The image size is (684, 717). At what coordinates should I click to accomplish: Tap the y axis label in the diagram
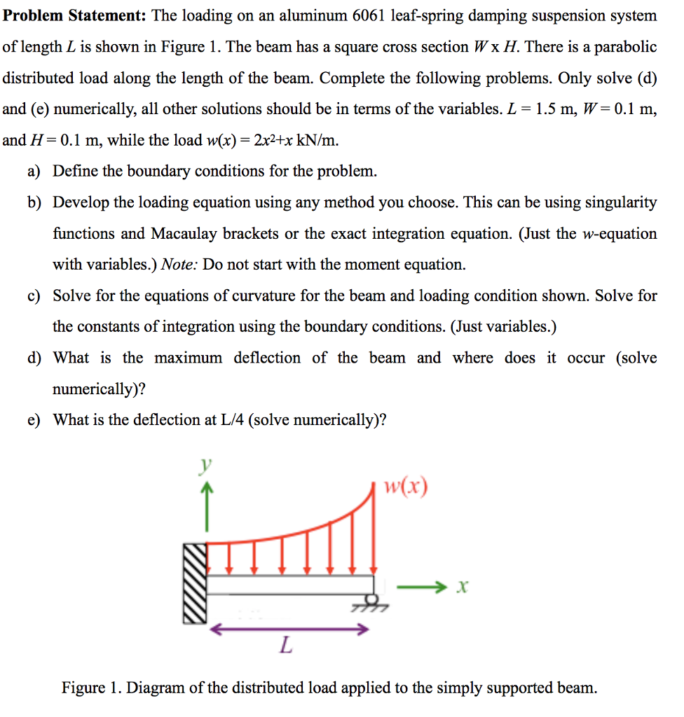205,465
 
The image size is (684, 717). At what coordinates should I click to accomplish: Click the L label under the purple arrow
285,645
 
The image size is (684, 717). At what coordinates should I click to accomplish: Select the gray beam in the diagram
290,585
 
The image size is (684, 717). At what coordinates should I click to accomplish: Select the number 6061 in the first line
378,15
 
